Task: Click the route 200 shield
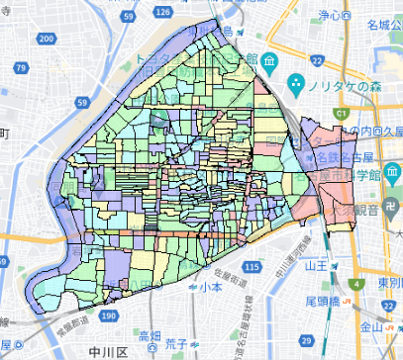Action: tap(48, 37)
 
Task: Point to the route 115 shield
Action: tap(254, 268)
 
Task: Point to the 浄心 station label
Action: tap(329, 15)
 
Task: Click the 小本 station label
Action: tap(209, 287)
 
